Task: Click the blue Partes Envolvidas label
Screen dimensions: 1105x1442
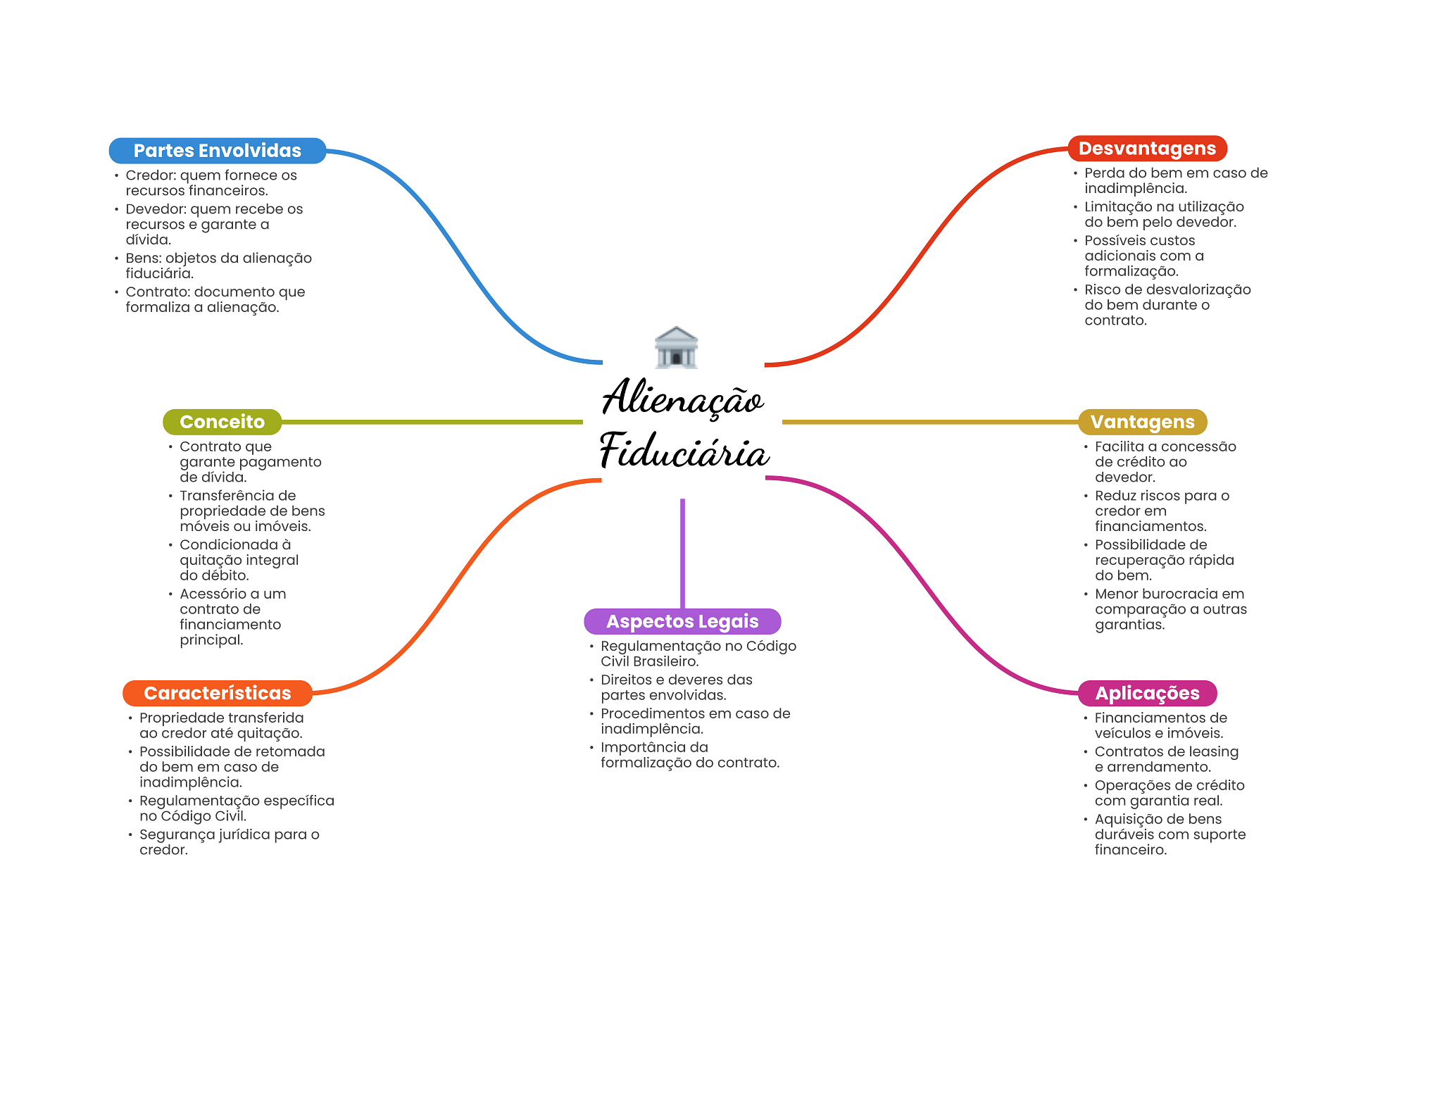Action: (217, 151)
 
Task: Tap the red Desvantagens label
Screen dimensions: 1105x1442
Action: (1147, 149)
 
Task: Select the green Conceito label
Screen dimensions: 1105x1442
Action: (222, 422)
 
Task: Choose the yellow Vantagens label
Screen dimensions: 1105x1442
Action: (1142, 422)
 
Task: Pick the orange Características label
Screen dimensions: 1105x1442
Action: (217, 693)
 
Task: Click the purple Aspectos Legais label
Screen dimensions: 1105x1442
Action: (682, 621)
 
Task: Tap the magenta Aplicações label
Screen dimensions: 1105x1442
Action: (1147, 693)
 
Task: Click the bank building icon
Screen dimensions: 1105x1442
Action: (676, 347)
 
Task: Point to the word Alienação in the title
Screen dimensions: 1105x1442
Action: (682, 399)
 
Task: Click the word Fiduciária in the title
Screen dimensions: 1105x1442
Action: (684, 451)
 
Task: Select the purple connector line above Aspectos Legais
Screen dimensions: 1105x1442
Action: (682, 553)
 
